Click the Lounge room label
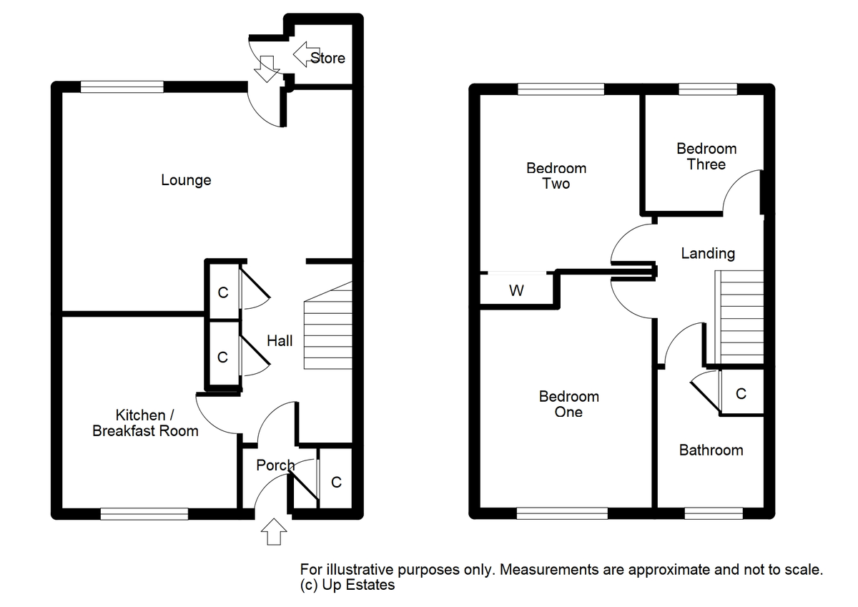point(186,180)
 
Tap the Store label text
point(327,58)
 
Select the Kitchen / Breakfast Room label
point(146,423)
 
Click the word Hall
point(280,341)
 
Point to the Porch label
point(275,465)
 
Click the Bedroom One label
point(569,404)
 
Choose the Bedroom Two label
point(556,176)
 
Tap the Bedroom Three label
point(706,157)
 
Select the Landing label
point(708,254)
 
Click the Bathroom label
point(711,450)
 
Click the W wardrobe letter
point(516,291)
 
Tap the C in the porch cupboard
point(336,483)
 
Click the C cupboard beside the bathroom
point(741,394)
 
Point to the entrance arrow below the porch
point(274,531)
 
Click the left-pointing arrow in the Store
point(307,54)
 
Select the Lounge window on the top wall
point(122,87)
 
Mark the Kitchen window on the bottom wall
point(144,514)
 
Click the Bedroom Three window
point(708,89)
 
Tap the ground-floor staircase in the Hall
point(328,325)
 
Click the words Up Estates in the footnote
point(358,585)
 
